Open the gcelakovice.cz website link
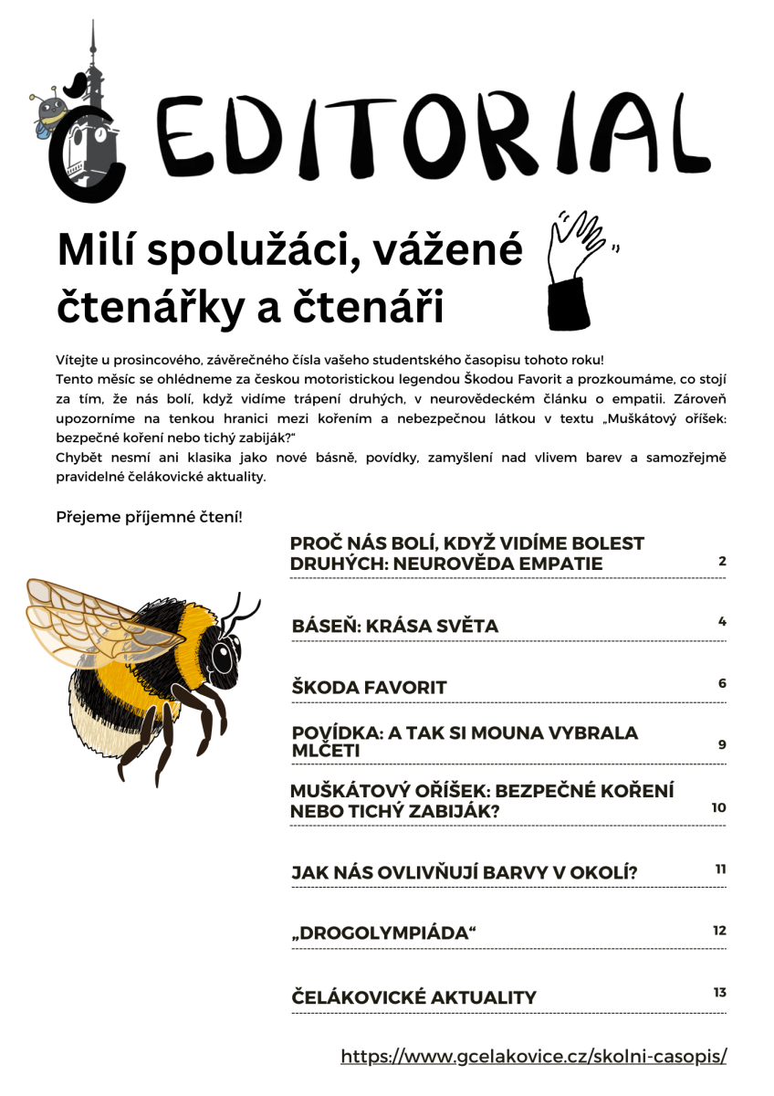click(534, 1057)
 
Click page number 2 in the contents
click(722, 561)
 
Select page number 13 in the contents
click(719, 992)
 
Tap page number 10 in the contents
click(718, 807)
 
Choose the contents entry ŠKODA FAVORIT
click(369, 687)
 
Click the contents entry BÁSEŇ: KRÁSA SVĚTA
click(395, 626)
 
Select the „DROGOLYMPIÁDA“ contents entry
click(384, 933)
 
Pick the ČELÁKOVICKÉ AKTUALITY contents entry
click(413, 996)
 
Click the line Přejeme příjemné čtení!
click(149, 517)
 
